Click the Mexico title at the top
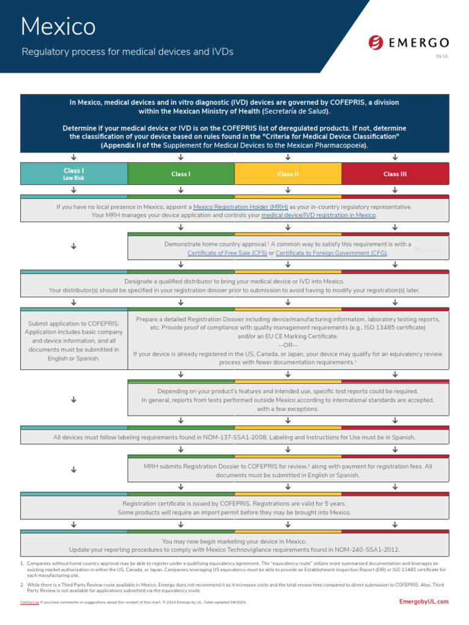pos(58,26)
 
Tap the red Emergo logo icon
pos(376,43)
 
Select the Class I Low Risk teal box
pos(74,174)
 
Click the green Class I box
pos(181,174)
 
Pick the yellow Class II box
pos(288,174)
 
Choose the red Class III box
pos(395,174)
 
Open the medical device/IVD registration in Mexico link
pos(319,215)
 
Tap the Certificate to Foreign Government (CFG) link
pos(332,253)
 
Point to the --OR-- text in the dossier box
pos(288,345)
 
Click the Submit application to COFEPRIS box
pos(74,340)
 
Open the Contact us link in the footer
pos(29,602)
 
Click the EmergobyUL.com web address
pos(423,601)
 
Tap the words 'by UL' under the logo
pos(442,56)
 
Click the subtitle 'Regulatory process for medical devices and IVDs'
pos(128,52)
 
